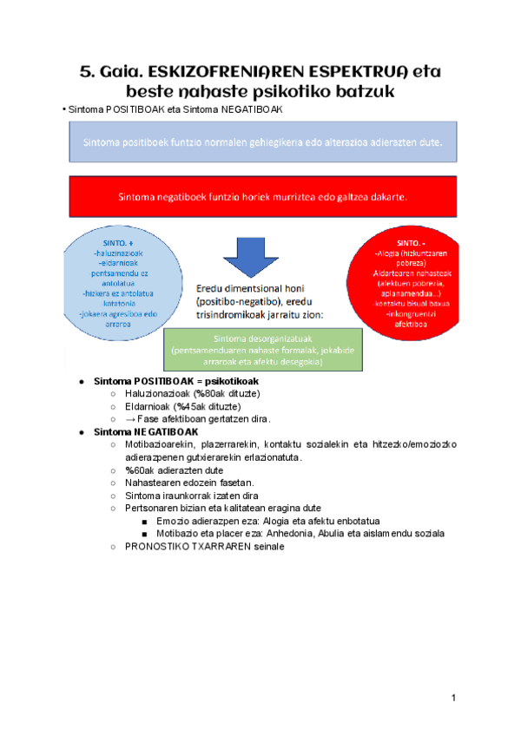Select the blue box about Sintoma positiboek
click(261, 141)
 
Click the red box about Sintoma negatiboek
click(261, 196)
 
